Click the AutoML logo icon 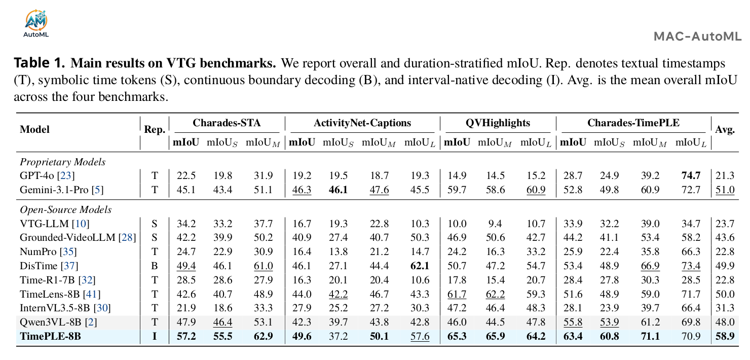pyautogui.click(x=36, y=23)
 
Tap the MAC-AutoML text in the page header pyautogui.click(x=698, y=36)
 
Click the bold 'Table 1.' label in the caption pyautogui.click(x=40, y=63)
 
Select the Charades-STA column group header pyautogui.click(x=227, y=123)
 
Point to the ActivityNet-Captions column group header pyautogui.click(x=362, y=123)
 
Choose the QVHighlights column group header pyautogui.click(x=498, y=123)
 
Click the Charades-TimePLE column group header pyautogui.click(x=633, y=123)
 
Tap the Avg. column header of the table pyautogui.click(x=725, y=130)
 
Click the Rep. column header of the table pyautogui.click(x=155, y=130)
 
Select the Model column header pyautogui.click(x=34, y=129)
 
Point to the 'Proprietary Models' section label pyautogui.click(x=63, y=162)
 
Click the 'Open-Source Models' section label pyautogui.click(x=66, y=209)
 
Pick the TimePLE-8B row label pyautogui.click(x=50, y=336)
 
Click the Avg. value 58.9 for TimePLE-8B pyautogui.click(x=725, y=336)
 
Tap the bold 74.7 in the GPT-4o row pyautogui.click(x=691, y=175)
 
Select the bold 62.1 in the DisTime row pyautogui.click(x=420, y=266)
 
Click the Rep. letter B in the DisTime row pyautogui.click(x=155, y=266)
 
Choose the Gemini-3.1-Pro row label pyautogui.click(x=62, y=190)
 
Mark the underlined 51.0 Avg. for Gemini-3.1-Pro pyautogui.click(x=725, y=190)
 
